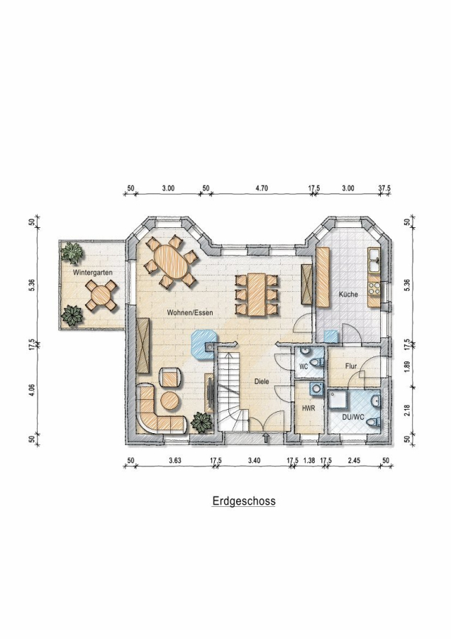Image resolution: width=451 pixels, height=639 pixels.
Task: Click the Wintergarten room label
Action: pyautogui.click(x=93, y=272)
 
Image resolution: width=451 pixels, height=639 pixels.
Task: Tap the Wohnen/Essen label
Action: pyautogui.click(x=190, y=312)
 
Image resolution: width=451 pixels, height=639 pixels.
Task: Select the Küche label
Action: pyautogui.click(x=348, y=294)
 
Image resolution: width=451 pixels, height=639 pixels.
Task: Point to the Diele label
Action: pyautogui.click(x=262, y=382)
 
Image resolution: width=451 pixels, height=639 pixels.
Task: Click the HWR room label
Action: pyautogui.click(x=308, y=408)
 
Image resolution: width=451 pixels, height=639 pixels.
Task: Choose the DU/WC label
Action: pyautogui.click(x=353, y=417)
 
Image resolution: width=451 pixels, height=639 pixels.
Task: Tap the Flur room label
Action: pyautogui.click(x=351, y=366)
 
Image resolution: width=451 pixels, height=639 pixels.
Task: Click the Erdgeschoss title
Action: pyautogui.click(x=244, y=501)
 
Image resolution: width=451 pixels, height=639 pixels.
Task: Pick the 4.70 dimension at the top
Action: pyautogui.click(x=262, y=188)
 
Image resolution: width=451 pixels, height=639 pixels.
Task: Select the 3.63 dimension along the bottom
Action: pyautogui.click(x=174, y=461)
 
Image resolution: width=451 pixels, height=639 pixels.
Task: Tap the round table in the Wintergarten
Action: pyautogui.click(x=101, y=295)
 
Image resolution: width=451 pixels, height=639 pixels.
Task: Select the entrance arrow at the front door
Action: pyautogui.click(x=265, y=439)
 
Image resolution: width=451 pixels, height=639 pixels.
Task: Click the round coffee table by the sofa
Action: pyautogui.click(x=169, y=400)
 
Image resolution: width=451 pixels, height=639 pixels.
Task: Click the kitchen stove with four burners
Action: pyautogui.click(x=374, y=288)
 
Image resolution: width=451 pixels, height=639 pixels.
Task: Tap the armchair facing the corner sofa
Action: pyautogui.click(x=171, y=378)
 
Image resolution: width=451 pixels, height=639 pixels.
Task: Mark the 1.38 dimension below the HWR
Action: pyautogui.click(x=310, y=461)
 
